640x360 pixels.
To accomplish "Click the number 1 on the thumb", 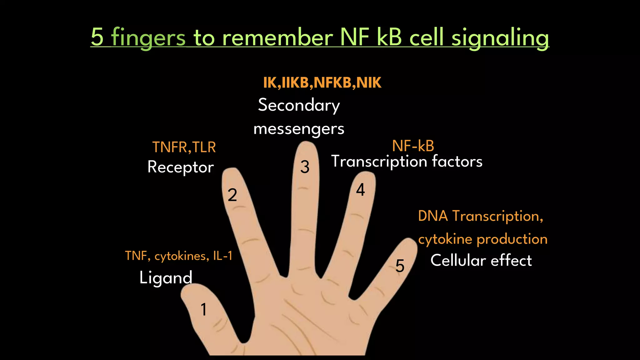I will [x=204, y=310].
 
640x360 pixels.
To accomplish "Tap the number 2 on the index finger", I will [x=232, y=195].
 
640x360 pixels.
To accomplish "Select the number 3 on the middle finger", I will [x=305, y=167].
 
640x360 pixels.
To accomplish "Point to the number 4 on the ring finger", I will [x=360, y=190].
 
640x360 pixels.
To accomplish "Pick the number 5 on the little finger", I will [x=400, y=266].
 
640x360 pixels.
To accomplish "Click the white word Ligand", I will [x=166, y=277].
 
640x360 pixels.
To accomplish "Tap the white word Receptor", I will [x=180, y=167].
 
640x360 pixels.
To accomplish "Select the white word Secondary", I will [x=299, y=105].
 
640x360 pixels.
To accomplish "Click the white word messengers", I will [x=299, y=129].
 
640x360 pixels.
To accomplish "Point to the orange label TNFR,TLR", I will [x=184, y=147].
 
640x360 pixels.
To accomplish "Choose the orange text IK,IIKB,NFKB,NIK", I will [x=322, y=83].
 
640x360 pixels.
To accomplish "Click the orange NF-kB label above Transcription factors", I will [x=413, y=146].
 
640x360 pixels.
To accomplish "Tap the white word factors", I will [x=457, y=162].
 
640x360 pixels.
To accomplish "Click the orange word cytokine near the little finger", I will [x=445, y=239].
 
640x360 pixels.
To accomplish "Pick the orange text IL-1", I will [x=223, y=256].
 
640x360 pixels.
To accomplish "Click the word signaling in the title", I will [x=500, y=37].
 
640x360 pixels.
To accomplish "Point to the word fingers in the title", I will [x=148, y=37].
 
